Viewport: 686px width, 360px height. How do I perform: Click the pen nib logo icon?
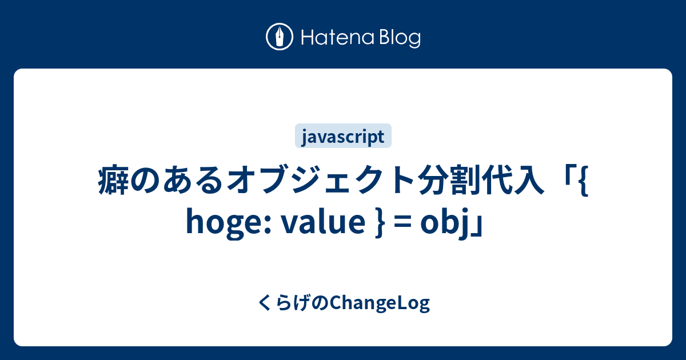pyautogui.click(x=280, y=37)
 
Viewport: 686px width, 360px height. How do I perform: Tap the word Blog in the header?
pyautogui.click(x=400, y=39)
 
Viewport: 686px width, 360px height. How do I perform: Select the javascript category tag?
pyautogui.click(x=343, y=136)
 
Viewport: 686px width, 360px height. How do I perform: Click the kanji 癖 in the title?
pyautogui.click(x=113, y=180)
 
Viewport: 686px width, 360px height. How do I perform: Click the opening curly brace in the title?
pyautogui.click(x=584, y=181)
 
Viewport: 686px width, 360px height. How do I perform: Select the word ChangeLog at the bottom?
pyautogui.click(x=380, y=303)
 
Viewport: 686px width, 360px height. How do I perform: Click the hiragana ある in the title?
pyautogui.click(x=193, y=180)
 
